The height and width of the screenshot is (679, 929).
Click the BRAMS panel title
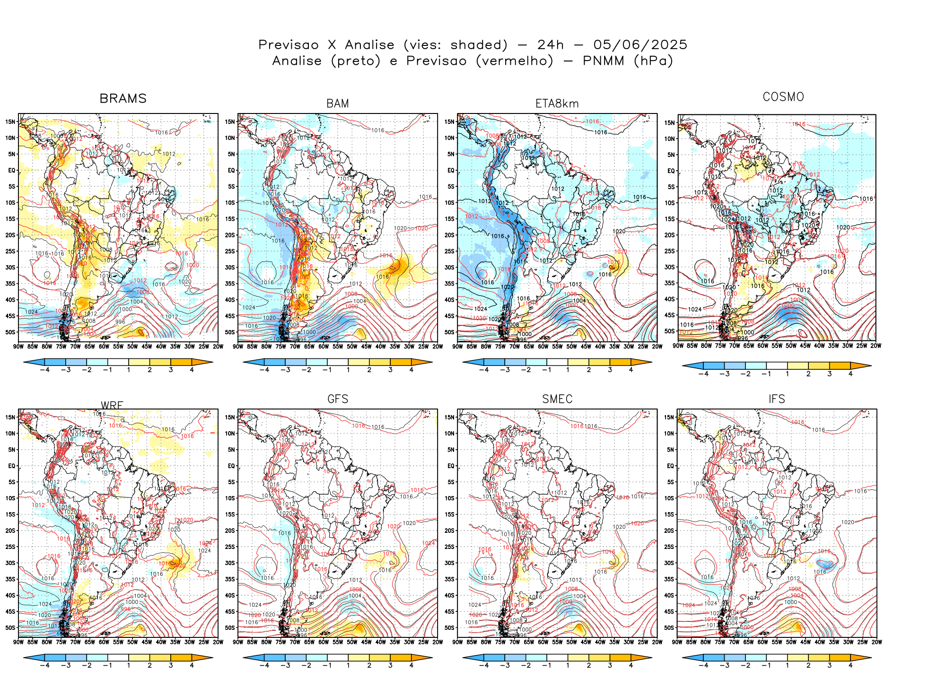point(123,98)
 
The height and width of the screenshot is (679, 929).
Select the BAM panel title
point(338,104)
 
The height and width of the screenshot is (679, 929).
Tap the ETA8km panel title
point(557,104)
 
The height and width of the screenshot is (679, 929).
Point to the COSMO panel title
point(783,97)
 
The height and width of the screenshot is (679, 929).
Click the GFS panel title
point(338,399)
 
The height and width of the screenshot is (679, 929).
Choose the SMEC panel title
point(557,399)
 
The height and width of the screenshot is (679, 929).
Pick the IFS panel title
point(777,399)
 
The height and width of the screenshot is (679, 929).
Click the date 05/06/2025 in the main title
point(640,45)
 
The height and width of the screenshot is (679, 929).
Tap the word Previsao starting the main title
point(289,45)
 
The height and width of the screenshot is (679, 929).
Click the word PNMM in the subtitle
point(603,61)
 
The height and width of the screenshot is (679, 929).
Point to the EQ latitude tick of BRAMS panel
point(12,170)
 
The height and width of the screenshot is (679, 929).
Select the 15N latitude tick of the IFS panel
point(669,417)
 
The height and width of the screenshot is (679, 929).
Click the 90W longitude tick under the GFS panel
point(238,642)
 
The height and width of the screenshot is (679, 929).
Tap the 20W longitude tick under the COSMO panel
point(876,346)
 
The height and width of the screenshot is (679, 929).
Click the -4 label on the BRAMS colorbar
point(44,370)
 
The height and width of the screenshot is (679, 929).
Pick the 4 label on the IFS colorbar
point(850,665)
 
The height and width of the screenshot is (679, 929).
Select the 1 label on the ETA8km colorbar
point(568,370)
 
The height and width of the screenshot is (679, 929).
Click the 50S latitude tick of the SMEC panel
point(450,627)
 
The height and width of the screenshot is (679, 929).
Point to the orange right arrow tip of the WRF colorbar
point(210,657)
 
